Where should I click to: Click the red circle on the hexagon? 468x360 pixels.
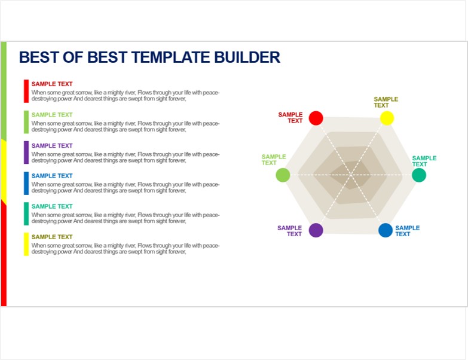[x=316, y=118]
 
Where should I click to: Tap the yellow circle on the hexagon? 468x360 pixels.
[x=387, y=118]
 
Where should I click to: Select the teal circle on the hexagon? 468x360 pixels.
[x=419, y=175]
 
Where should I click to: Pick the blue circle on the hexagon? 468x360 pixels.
[x=386, y=230]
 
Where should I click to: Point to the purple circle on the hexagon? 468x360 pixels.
[x=316, y=230]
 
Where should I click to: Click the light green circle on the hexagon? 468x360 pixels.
[x=283, y=175]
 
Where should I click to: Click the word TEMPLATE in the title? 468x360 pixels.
[x=171, y=57]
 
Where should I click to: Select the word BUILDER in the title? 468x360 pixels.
[x=247, y=57]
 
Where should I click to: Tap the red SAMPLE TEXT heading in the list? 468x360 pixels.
[x=52, y=84]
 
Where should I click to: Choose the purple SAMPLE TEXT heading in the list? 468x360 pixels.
[x=52, y=146]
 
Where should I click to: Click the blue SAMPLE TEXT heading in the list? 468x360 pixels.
[x=52, y=176]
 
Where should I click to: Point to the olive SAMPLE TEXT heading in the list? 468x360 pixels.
[x=52, y=237]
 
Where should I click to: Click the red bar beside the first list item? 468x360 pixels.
[x=26, y=91]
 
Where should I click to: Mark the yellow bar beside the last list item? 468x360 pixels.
[x=26, y=244]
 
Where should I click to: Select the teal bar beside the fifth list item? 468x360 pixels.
[x=26, y=213]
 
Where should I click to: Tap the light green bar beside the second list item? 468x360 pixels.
[x=26, y=122]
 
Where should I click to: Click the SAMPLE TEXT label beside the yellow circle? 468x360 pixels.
[x=386, y=102]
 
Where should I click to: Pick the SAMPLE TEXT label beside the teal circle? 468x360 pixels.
[x=424, y=161]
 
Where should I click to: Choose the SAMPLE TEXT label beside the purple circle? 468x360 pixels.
[x=289, y=231]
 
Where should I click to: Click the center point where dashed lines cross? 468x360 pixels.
[x=351, y=175]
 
